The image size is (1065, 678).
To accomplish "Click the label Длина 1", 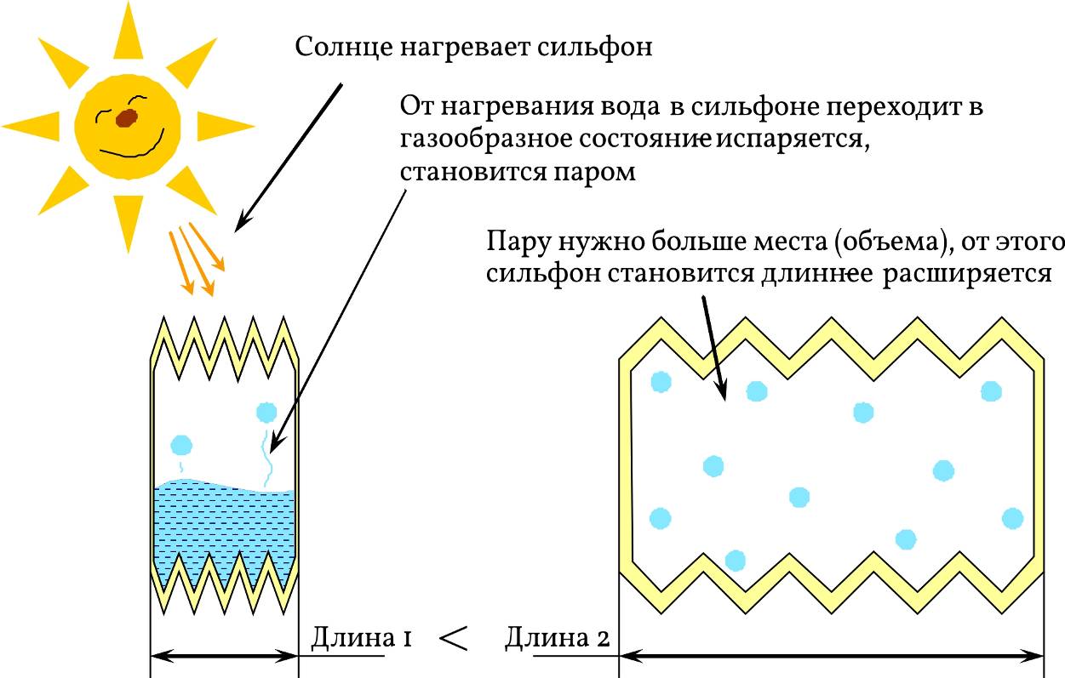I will [362, 637].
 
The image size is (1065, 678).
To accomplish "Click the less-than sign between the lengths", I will [455, 638].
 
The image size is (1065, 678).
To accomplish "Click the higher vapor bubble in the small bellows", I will [266, 413].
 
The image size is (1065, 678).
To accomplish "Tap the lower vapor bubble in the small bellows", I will [181, 445].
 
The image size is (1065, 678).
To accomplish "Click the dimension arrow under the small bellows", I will [224, 656].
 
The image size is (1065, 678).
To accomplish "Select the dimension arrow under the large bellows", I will [832, 656].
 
